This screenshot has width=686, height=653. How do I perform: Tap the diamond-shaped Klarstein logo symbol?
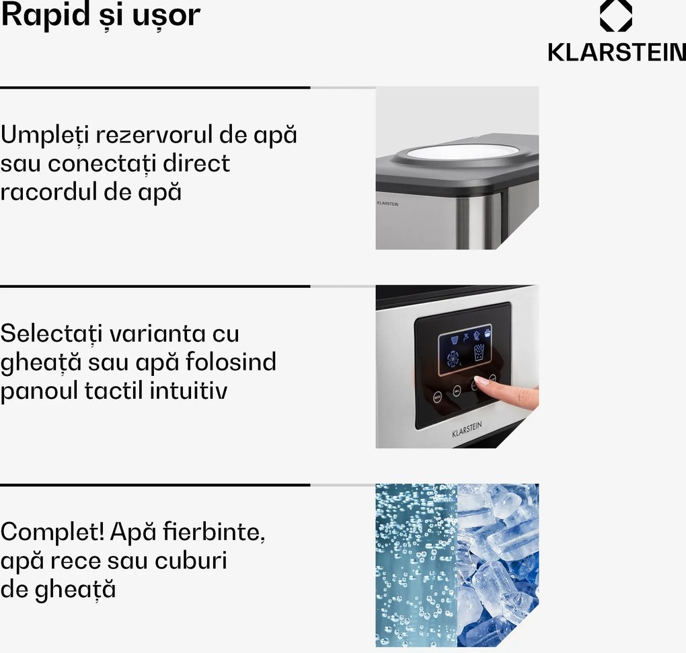[x=615, y=16]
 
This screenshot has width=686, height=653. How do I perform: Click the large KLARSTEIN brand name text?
[x=616, y=52]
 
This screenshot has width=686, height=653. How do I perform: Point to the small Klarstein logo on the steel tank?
[x=387, y=202]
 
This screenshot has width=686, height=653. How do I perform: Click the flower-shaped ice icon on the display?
[x=453, y=358]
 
